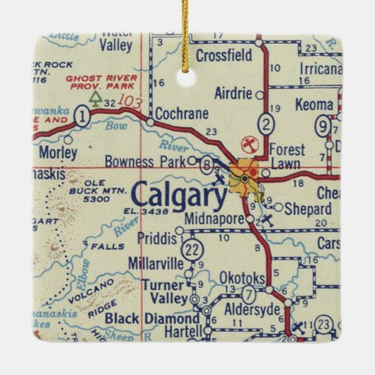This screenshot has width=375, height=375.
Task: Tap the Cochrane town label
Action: (180, 112)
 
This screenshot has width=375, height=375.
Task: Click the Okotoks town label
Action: (241, 277)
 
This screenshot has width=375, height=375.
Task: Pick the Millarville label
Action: (155, 262)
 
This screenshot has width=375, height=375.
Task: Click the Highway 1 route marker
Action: (83, 115)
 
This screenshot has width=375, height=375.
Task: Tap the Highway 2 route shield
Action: (265, 125)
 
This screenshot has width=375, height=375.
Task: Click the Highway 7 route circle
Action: (249, 295)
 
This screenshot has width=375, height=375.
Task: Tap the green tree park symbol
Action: (96, 95)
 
